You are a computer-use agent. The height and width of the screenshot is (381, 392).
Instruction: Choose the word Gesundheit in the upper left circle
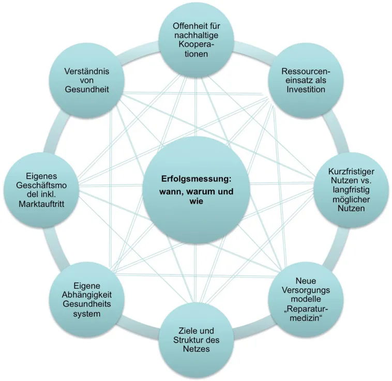(x=87, y=89)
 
